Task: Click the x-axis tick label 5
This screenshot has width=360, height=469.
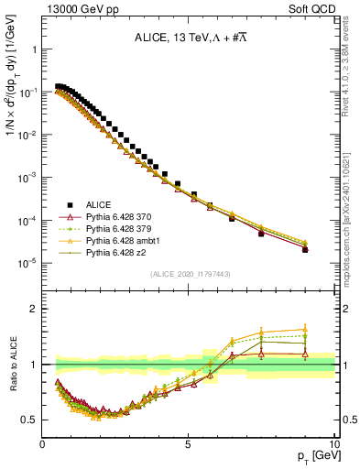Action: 189,443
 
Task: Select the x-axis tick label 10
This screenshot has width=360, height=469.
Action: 333,443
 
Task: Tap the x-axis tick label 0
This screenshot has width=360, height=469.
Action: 43,443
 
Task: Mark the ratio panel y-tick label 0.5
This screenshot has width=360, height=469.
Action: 30,420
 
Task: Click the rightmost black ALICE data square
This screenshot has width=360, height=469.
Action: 305,249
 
